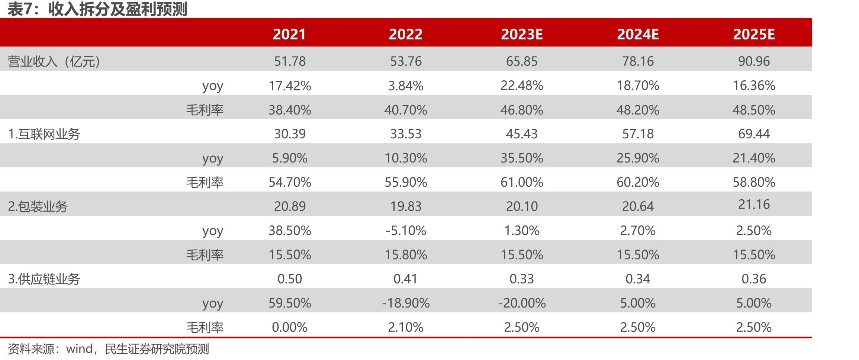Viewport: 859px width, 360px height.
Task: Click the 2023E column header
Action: pyautogui.click(x=522, y=34)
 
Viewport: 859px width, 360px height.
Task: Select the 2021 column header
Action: pyautogui.click(x=290, y=34)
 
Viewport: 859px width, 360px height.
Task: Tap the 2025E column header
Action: pyautogui.click(x=754, y=34)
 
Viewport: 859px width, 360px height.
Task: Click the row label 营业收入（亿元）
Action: pyautogui.click(x=54, y=61)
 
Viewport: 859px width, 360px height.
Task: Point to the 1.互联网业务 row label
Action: pyautogui.click(x=44, y=134)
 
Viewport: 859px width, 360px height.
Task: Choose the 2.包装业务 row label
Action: pyautogui.click(x=38, y=206)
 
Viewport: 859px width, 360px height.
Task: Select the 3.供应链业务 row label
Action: pyautogui.click(x=44, y=279)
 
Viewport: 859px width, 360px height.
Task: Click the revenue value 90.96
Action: pyautogui.click(x=754, y=61)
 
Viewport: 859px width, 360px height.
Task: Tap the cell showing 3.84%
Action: pyautogui.click(x=406, y=86)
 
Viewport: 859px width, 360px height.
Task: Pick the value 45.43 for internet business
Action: pyautogui.click(x=522, y=134)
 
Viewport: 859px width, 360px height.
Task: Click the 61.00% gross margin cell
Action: pyautogui.click(x=522, y=182)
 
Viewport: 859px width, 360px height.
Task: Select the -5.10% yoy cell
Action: pyautogui.click(x=406, y=231)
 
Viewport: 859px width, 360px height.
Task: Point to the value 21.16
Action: pyautogui.click(x=754, y=205)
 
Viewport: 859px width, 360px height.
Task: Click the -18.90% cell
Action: pyautogui.click(x=406, y=303)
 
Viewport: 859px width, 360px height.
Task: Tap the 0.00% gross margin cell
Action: pyautogui.click(x=290, y=327)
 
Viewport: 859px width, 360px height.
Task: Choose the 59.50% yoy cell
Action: pyautogui.click(x=290, y=303)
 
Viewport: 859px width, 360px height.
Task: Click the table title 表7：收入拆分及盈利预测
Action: pyautogui.click(x=97, y=9)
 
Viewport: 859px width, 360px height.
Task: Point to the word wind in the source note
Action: pyautogui.click(x=79, y=349)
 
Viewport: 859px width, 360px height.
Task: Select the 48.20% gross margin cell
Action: pyautogui.click(x=638, y=110)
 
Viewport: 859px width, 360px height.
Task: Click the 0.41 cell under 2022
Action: pyautogui.click(x=406, y=279)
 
